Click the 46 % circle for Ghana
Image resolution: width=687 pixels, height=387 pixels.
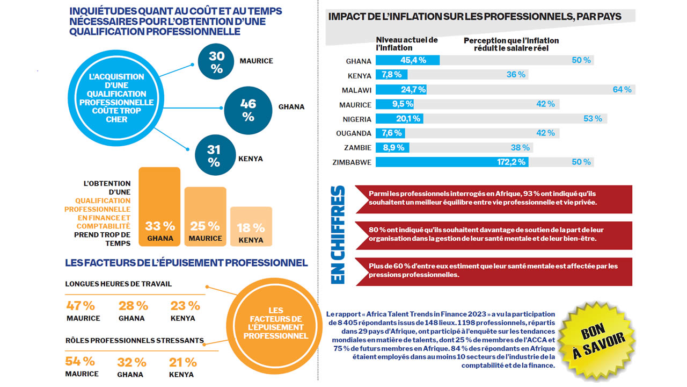click(x=248, y=109)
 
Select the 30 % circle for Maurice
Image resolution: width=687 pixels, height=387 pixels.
click(x=216, y=62)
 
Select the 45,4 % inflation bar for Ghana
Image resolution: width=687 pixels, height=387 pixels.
click(x=407, y=60)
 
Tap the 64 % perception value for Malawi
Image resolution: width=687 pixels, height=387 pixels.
click(x=622, y=89)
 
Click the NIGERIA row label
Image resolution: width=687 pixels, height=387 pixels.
click(x=357, y=119)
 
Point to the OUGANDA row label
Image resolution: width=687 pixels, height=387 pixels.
click(x=354, y=133)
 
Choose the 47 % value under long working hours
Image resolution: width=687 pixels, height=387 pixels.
click(x=81, y=306)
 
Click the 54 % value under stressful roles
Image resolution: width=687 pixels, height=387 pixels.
click(x=80, y=361)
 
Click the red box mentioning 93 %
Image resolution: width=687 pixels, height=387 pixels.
click(x=494, y=198)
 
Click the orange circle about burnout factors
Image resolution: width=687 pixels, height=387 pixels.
click(x=275, y=323)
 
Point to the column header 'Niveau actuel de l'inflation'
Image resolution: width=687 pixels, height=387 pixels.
click(x=406, y=44)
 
